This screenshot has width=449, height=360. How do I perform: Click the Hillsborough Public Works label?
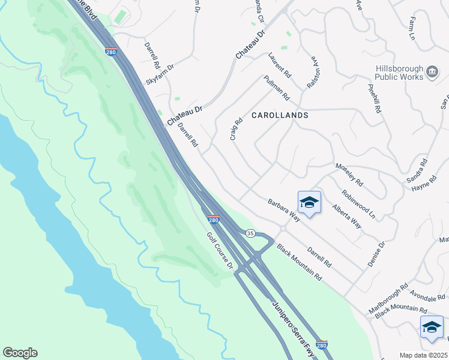pos(399,73)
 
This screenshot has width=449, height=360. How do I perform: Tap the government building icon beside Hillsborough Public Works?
pos(432,73)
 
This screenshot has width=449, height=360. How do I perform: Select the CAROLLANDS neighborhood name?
pos(280,115)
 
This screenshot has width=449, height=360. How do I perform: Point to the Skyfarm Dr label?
pos(160,75)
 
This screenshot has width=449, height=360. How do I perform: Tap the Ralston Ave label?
pos(312,73)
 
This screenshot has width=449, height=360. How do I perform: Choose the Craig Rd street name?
pos(236,129)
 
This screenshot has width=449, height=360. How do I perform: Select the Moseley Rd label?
pos(349,174)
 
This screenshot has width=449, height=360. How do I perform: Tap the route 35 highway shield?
pos(250,233)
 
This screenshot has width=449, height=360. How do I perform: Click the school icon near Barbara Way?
pos(309,203)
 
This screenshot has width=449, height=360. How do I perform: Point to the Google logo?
pos(20,353)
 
